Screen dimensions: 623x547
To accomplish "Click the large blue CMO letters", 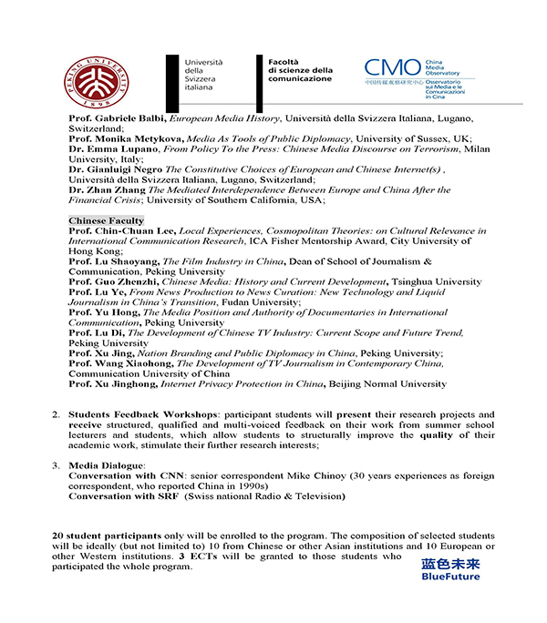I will pos(391,68).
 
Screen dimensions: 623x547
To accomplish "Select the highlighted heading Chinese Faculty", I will pos(106,221).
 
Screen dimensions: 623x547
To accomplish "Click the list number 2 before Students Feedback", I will pos(57,414).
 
